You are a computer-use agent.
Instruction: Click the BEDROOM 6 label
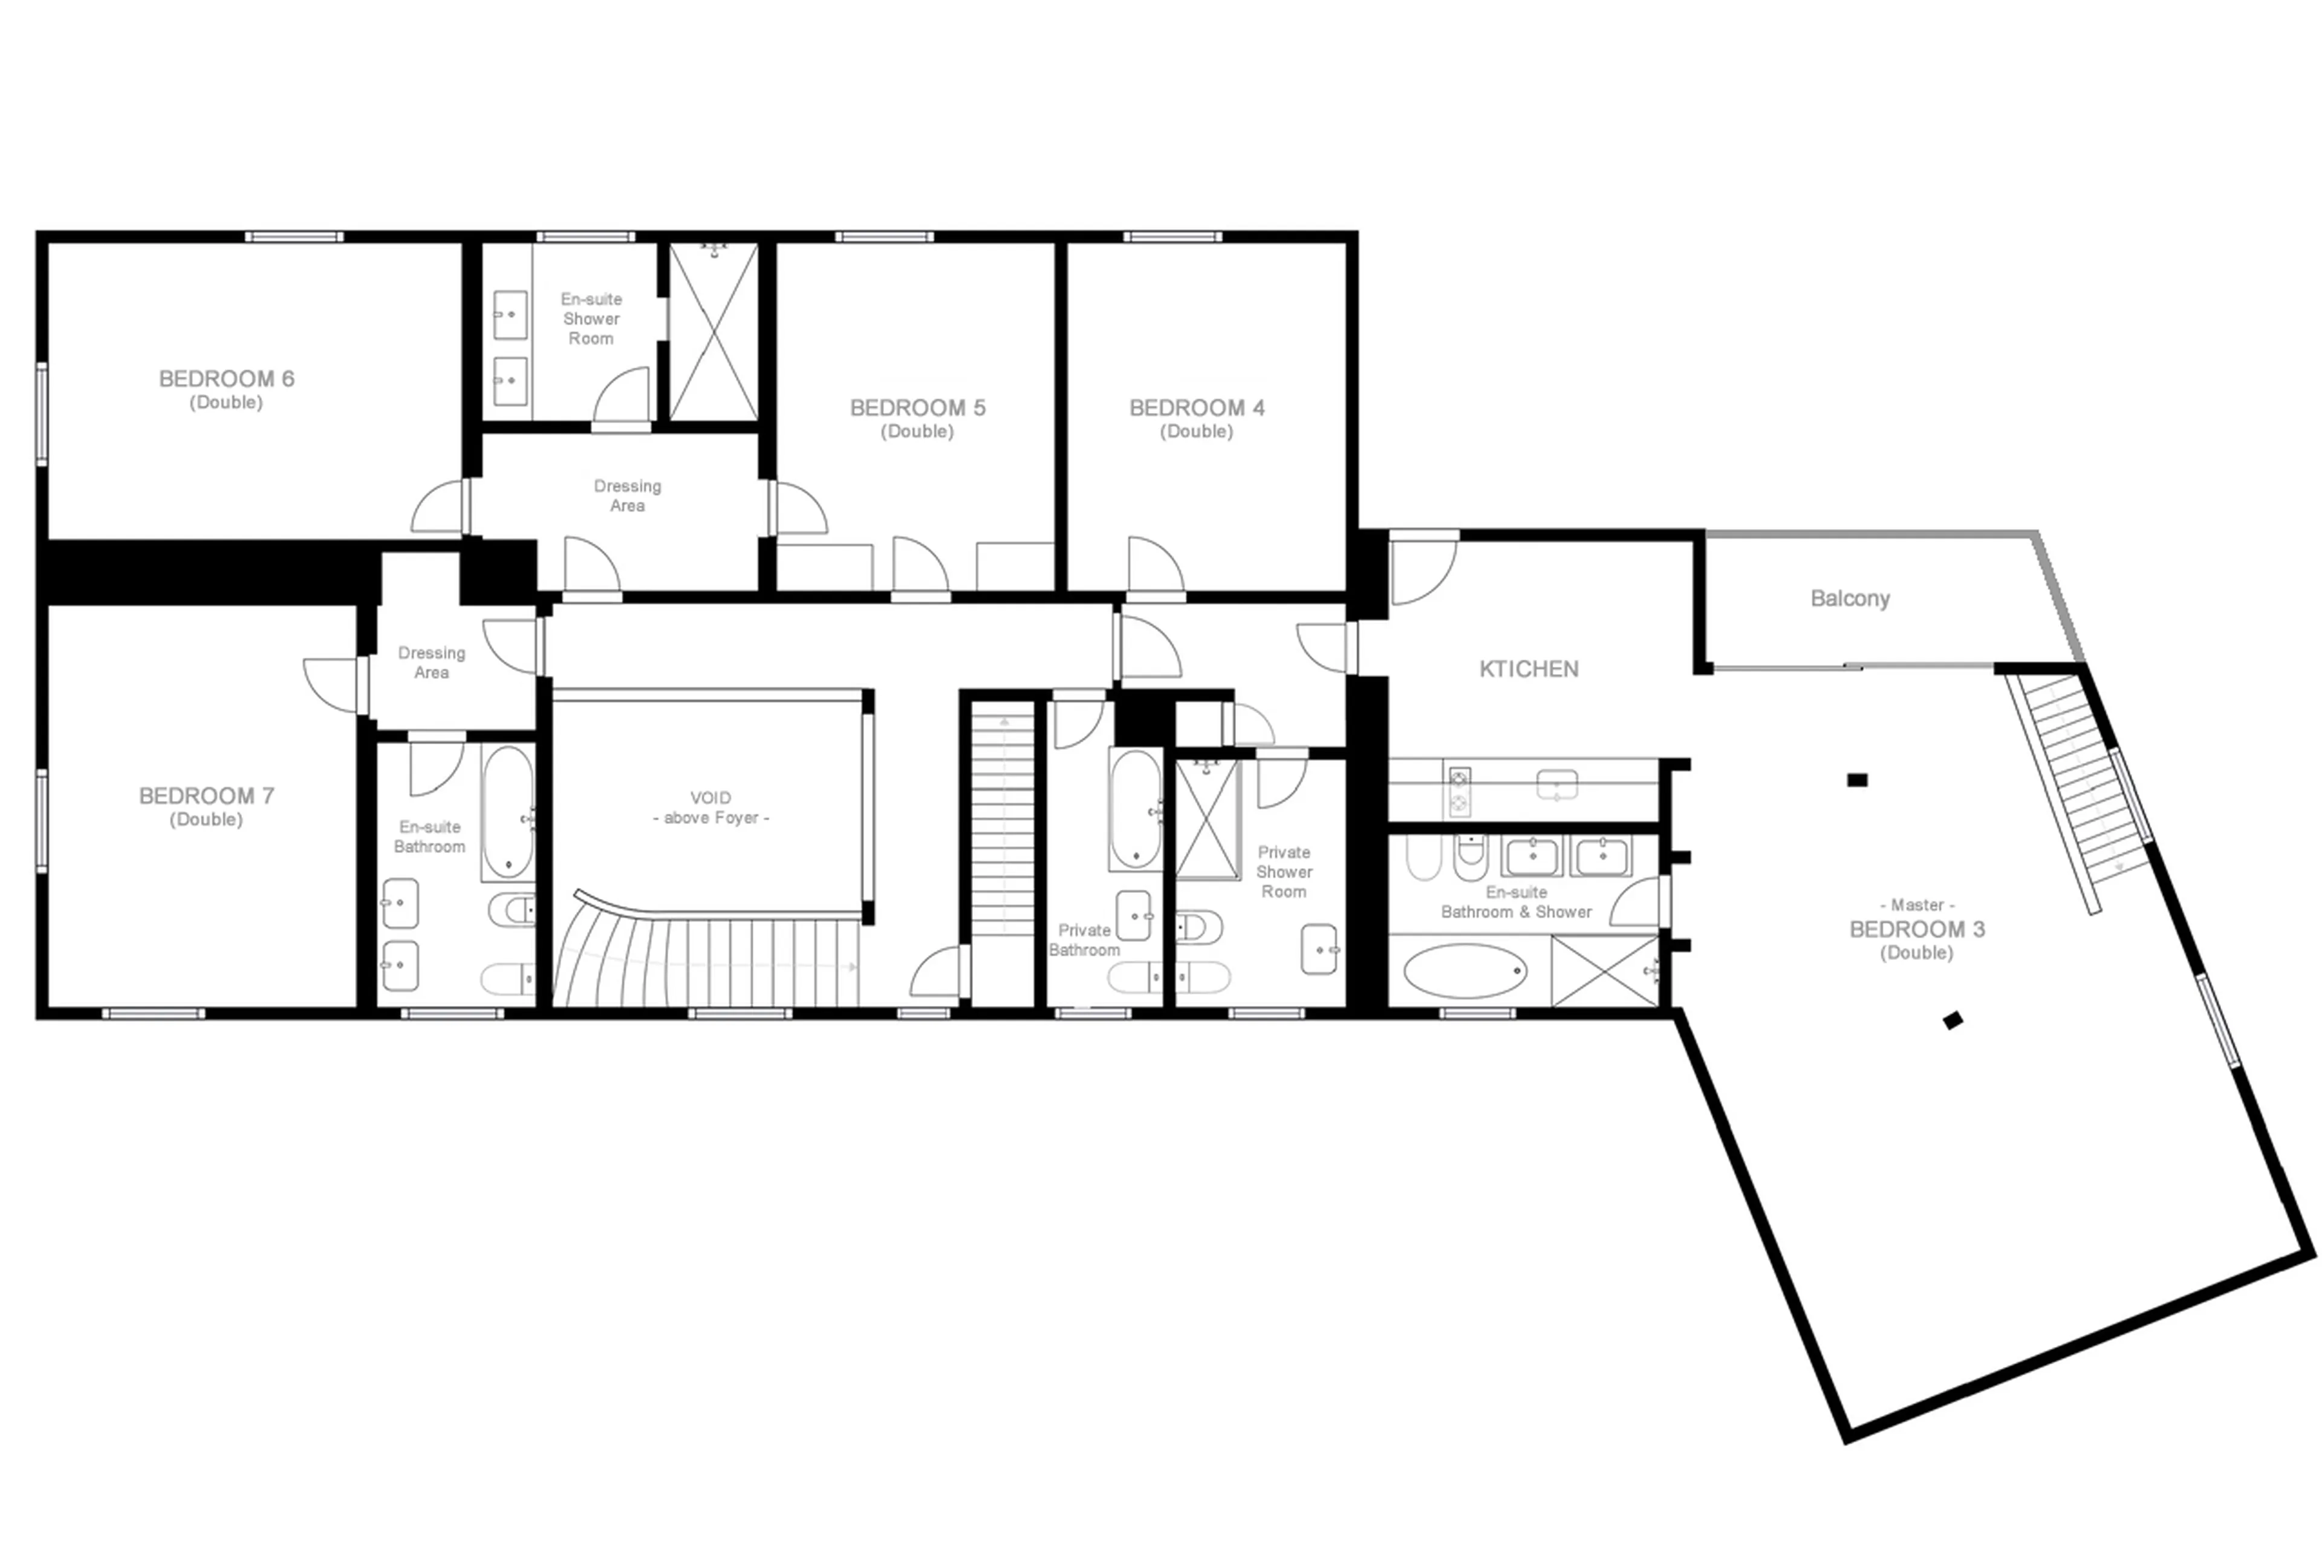(226, 389)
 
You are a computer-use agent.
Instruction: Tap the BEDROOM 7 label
(206, 806)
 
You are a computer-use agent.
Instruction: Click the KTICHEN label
(1527, 669)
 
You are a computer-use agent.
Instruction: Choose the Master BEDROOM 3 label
(1916, 929)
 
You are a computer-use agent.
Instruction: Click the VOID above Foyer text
(711, 807)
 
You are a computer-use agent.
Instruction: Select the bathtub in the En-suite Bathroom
(508, 811)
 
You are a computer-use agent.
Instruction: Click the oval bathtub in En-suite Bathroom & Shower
(1465, 971)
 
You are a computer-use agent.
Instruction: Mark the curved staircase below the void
(706, 957)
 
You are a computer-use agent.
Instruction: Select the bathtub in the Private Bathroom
(1135, 809)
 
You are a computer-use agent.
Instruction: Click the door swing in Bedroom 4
(1154, 565)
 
